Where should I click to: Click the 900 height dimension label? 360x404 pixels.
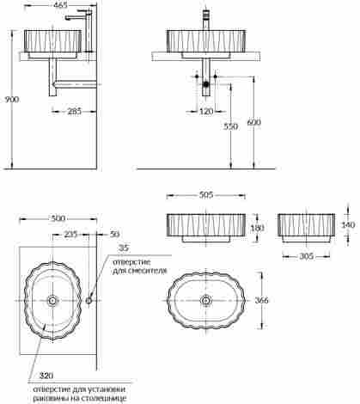coord(12,100)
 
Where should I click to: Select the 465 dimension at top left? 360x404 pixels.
coord(61,5)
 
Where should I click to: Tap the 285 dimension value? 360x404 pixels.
coord(74,111)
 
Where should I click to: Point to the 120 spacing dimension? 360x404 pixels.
coord(206,111)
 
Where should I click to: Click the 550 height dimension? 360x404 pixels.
coord(230,126)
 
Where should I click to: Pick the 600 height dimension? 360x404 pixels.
coord(253,122)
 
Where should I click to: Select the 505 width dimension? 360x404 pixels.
coord(206,195)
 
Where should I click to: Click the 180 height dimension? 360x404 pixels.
coord(257,228)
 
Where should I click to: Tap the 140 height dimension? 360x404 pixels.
coord(348,224)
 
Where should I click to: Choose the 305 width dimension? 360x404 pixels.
coord(307,256)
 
